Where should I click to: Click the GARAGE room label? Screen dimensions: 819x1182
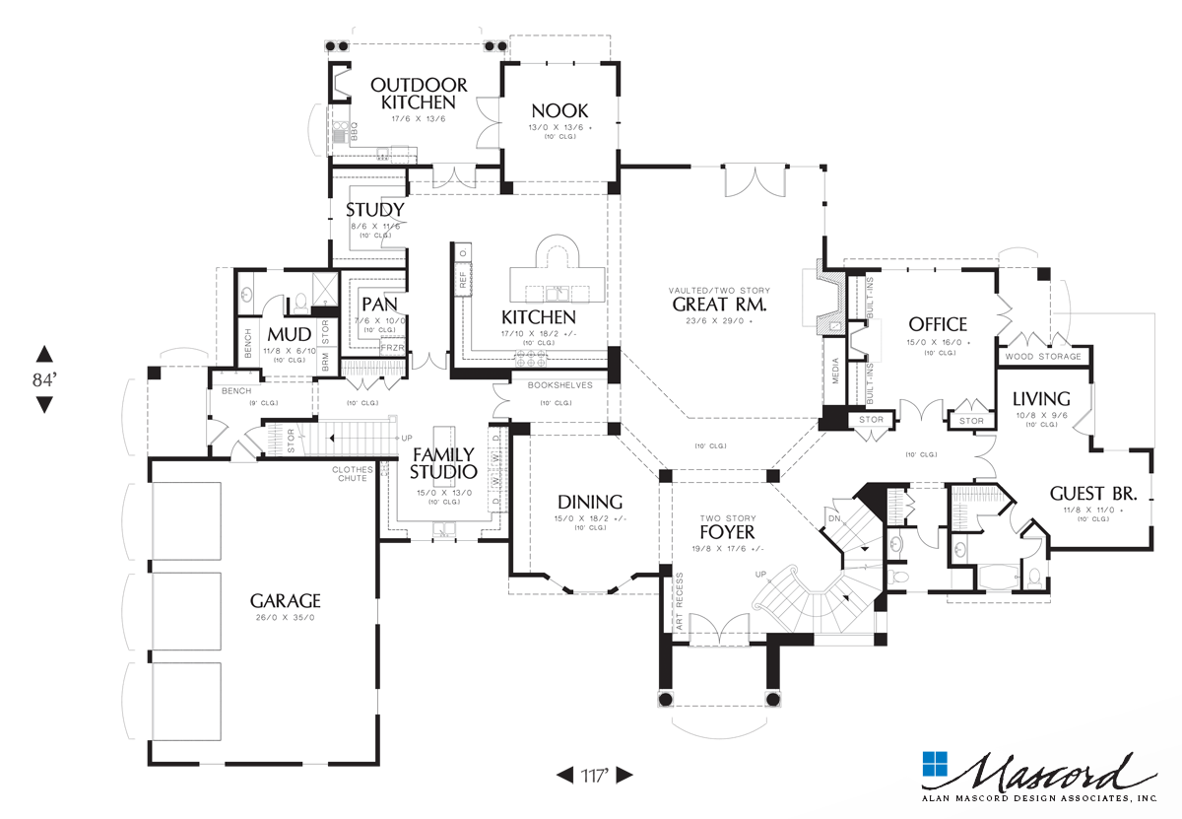coord(285,599)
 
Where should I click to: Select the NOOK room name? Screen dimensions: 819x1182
coord(559,110)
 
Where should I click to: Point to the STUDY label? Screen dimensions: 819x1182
coord(374,210)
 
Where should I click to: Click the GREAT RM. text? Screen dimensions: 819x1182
coord(719,305)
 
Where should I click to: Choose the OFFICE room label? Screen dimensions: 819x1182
coord(937,324)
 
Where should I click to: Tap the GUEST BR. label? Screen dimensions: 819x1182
coord(1093,493)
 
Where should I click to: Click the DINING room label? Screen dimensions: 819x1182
coord(590,501)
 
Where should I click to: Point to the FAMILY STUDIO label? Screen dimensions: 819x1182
coord(442,463)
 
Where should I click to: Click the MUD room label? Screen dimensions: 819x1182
coord(289,334)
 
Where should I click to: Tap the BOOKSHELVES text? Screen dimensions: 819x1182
coord(559,385)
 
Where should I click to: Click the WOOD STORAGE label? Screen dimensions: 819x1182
coord(1043,356)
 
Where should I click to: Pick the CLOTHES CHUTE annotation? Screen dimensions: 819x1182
coord(352,473)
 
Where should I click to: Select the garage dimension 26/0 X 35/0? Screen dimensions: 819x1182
coord(285,618)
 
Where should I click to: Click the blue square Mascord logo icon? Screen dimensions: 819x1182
coord(934,766)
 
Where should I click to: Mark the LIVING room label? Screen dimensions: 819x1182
coord(1041,398)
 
